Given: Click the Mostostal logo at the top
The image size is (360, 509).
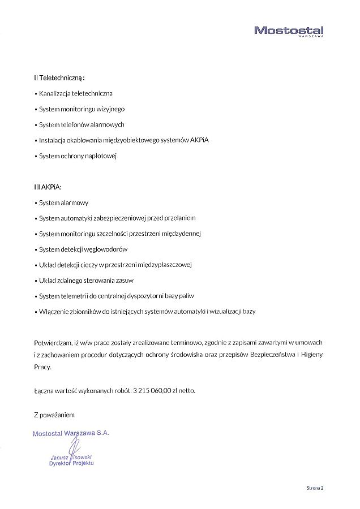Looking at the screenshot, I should coord(289,31).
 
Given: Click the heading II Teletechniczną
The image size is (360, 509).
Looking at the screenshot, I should coord(59,77).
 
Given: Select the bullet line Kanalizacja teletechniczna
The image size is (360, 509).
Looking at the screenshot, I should coord(76,93).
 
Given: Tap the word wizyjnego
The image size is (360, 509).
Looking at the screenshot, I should coord(110,109).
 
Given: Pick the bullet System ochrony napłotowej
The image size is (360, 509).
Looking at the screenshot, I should coord(78,156).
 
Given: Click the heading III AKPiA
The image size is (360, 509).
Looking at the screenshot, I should coord(48,187).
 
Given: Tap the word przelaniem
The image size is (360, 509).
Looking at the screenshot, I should coord(180,218).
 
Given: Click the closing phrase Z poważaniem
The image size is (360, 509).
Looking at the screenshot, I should coord(54,415).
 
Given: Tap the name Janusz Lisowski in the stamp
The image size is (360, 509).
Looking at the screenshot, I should coord(71,457).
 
